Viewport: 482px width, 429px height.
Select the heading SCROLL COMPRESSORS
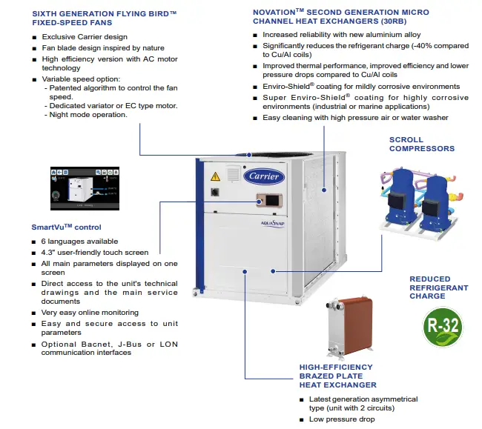(421, 144)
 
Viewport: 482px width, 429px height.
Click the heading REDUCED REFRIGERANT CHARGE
(439, 287)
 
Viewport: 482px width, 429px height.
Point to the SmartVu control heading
(66, 227)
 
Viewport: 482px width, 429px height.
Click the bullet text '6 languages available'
(79, 241)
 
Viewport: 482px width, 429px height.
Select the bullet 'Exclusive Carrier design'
(85, 37)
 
